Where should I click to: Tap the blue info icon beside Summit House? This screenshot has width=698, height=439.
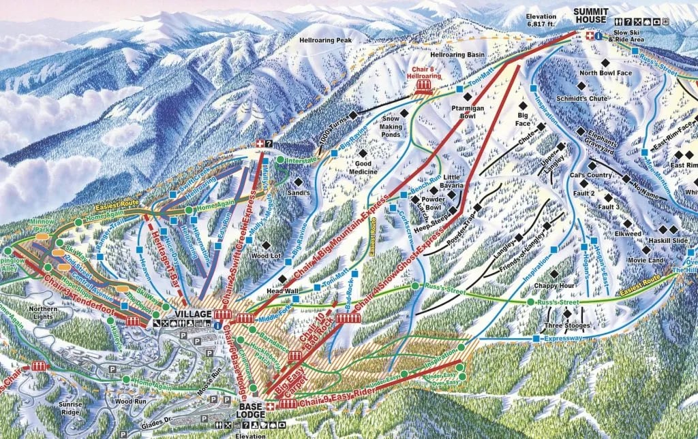[598, 36]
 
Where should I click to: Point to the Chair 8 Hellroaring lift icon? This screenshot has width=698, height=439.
[423, 86]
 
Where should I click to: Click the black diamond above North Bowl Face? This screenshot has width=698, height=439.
[582, 59]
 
